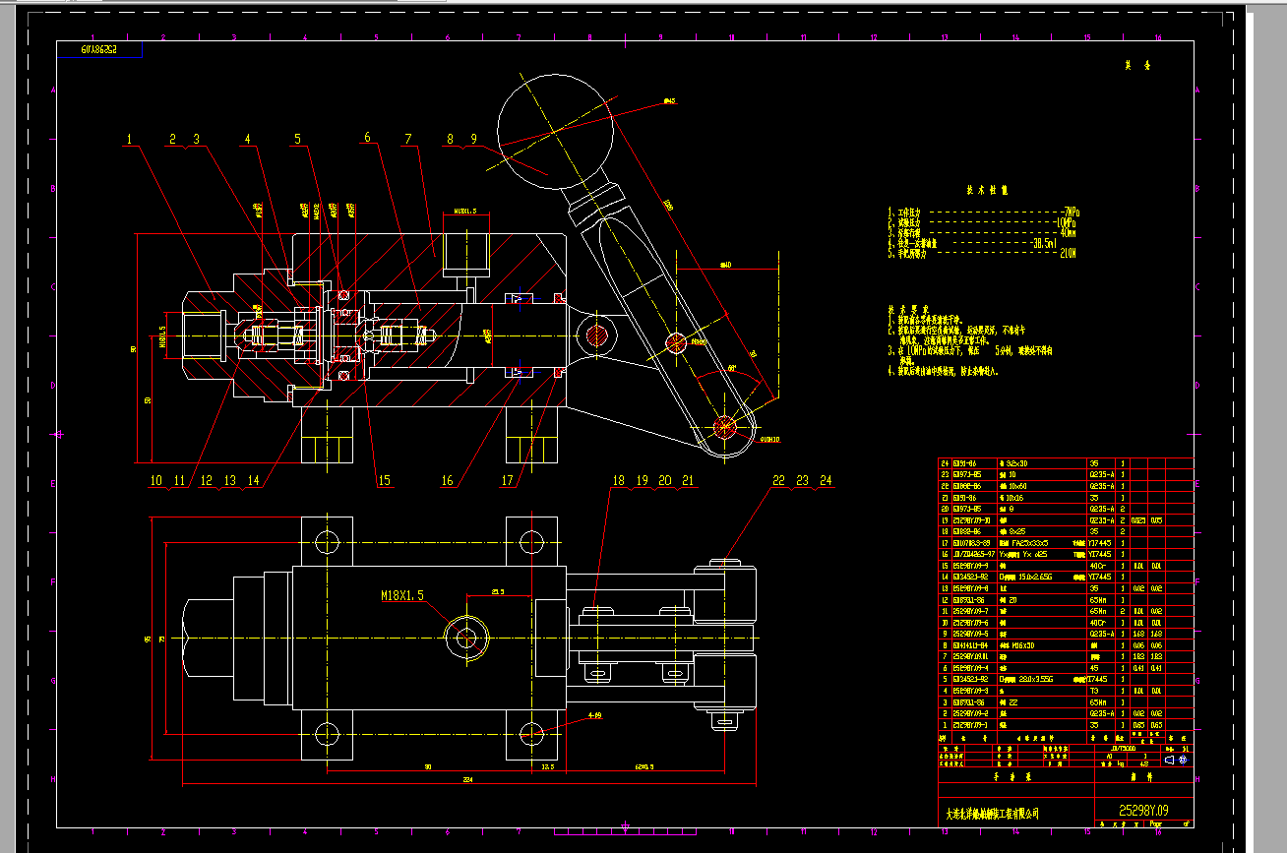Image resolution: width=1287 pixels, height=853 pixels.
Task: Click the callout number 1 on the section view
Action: (x=128, y=139)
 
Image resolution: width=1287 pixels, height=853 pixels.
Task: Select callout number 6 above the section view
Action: (x=367, y=138)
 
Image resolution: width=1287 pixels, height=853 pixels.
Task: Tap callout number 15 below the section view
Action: (x=384, y=481)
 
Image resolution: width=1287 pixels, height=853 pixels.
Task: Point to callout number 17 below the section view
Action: (x=508, y=481)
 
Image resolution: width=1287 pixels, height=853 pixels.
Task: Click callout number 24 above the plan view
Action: (x=826, y=480)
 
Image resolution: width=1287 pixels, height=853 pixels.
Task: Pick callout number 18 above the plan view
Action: (x=618, y=481)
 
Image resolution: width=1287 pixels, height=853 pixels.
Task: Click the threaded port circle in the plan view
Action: (x=465, y=638)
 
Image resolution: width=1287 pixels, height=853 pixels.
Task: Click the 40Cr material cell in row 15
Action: (x=1097, y=566)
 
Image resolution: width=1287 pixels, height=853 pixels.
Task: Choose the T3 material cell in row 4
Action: (x=1094, y=691)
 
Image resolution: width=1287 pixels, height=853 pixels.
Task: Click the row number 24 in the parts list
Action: (x=947, y=463)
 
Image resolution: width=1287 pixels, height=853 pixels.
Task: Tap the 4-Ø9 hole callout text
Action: (x=594, y=716)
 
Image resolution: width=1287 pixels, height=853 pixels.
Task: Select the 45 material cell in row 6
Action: (x=1093, y=668)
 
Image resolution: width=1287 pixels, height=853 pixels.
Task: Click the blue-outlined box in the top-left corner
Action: (x=99, y=49)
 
